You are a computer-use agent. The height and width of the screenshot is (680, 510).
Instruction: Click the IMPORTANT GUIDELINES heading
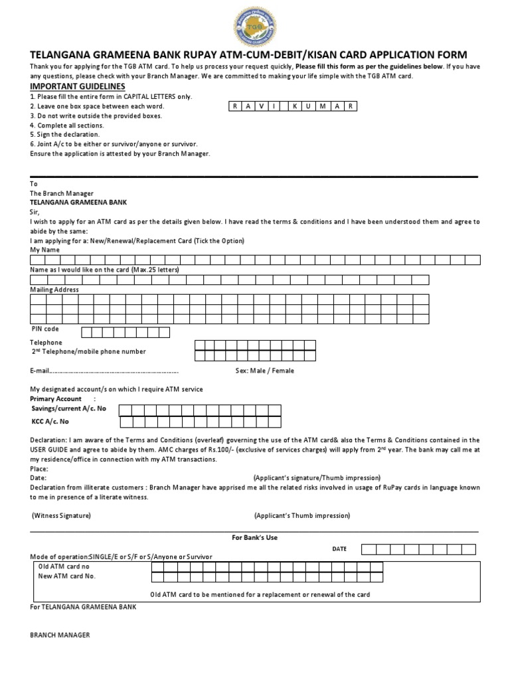78,87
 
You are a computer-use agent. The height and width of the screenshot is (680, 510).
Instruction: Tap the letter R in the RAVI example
236,106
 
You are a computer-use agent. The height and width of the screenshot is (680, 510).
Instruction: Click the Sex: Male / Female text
264,371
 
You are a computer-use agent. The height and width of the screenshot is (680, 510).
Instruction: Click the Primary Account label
56,398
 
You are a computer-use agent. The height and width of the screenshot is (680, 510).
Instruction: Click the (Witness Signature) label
62,515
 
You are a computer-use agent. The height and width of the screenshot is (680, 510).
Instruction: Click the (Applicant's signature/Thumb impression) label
317,477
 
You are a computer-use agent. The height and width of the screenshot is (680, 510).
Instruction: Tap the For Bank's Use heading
255,537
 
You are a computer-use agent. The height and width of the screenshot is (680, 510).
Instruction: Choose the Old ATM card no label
64,566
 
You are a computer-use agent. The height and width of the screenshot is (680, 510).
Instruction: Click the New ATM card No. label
67,576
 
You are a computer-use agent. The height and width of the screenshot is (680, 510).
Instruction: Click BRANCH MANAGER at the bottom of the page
60,635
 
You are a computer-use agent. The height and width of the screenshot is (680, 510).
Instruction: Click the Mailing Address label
54,290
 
